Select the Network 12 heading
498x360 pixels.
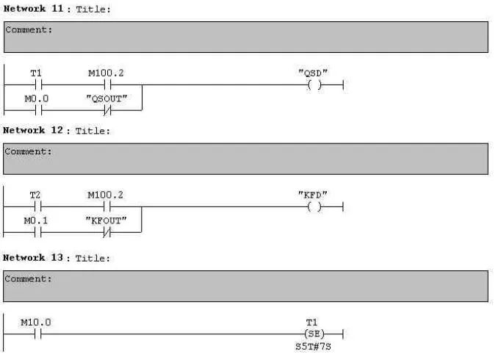[x=56, y=131]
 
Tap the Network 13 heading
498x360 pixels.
[x=56, y=258]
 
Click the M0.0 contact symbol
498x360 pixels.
[x=36, y=110]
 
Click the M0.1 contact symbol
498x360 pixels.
[x=36, y=233]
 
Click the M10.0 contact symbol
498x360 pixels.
[x=36, y=334]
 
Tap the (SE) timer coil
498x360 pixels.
[x=315, y=334]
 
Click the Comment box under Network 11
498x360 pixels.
[x=245, y=37]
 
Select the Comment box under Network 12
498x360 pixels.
[x=245, y=159]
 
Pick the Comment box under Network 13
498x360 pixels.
[x=245, y=286]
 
